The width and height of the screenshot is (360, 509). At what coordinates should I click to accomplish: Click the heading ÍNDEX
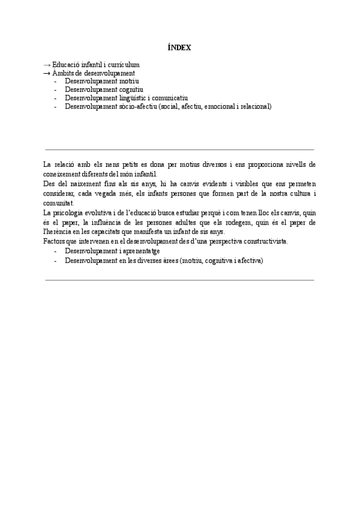click(179, 47)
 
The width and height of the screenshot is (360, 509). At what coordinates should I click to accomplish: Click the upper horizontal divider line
click(179, 149)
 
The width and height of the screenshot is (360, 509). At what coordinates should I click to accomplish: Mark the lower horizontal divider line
click(179, 280)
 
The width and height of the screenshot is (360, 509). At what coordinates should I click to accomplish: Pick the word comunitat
click(59, 203)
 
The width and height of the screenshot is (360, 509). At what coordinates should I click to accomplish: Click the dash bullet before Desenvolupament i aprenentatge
click(56, 251)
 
